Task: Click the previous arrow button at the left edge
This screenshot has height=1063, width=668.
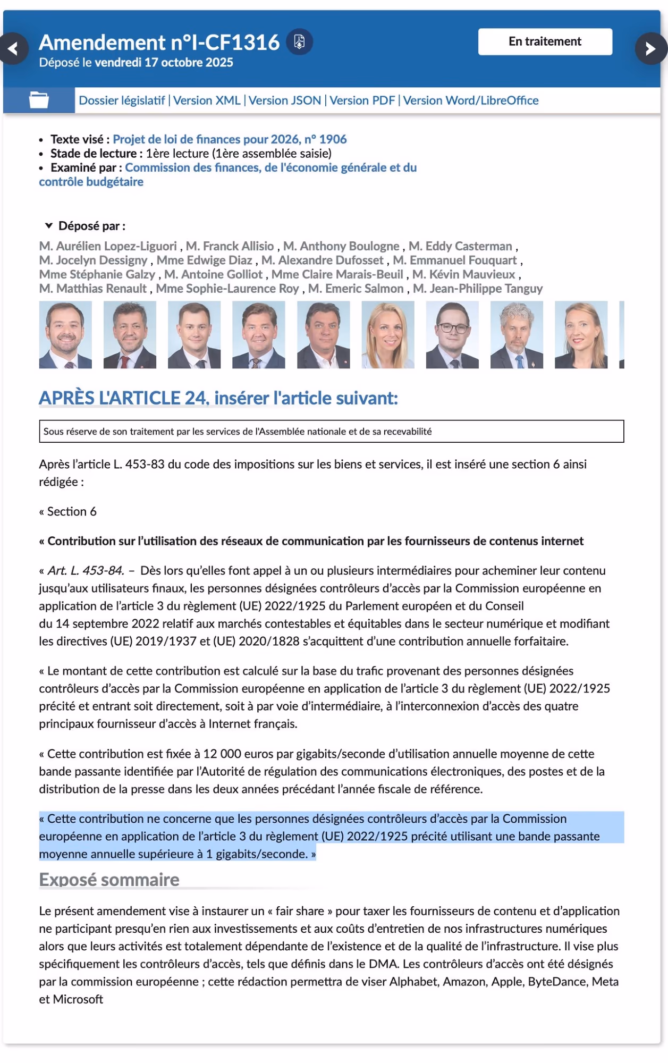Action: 13,49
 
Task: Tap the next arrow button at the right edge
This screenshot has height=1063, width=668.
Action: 650,49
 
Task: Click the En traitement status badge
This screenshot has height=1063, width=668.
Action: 545,41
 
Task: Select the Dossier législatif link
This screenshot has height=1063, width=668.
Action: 122,100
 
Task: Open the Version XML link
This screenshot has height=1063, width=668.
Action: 207,100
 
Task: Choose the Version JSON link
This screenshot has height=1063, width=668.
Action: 285,100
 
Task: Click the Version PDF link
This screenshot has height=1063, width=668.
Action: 362,100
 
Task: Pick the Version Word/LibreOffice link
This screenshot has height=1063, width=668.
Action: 471,100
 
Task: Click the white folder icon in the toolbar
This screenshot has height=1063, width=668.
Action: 39,100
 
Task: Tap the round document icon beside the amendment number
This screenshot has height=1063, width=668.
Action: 299,41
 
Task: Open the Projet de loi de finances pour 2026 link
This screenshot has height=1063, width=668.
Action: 230,139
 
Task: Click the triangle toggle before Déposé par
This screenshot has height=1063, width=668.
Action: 49,226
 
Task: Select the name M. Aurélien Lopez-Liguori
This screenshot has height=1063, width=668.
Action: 108,246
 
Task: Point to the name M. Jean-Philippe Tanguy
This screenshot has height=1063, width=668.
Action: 478,289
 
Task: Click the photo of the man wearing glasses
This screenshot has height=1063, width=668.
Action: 452,335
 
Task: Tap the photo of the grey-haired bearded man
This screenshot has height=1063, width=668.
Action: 517,335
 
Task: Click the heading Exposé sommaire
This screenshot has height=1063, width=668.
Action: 109,880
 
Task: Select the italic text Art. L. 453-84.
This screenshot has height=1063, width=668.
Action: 86,570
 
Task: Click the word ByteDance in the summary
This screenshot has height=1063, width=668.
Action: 557,982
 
